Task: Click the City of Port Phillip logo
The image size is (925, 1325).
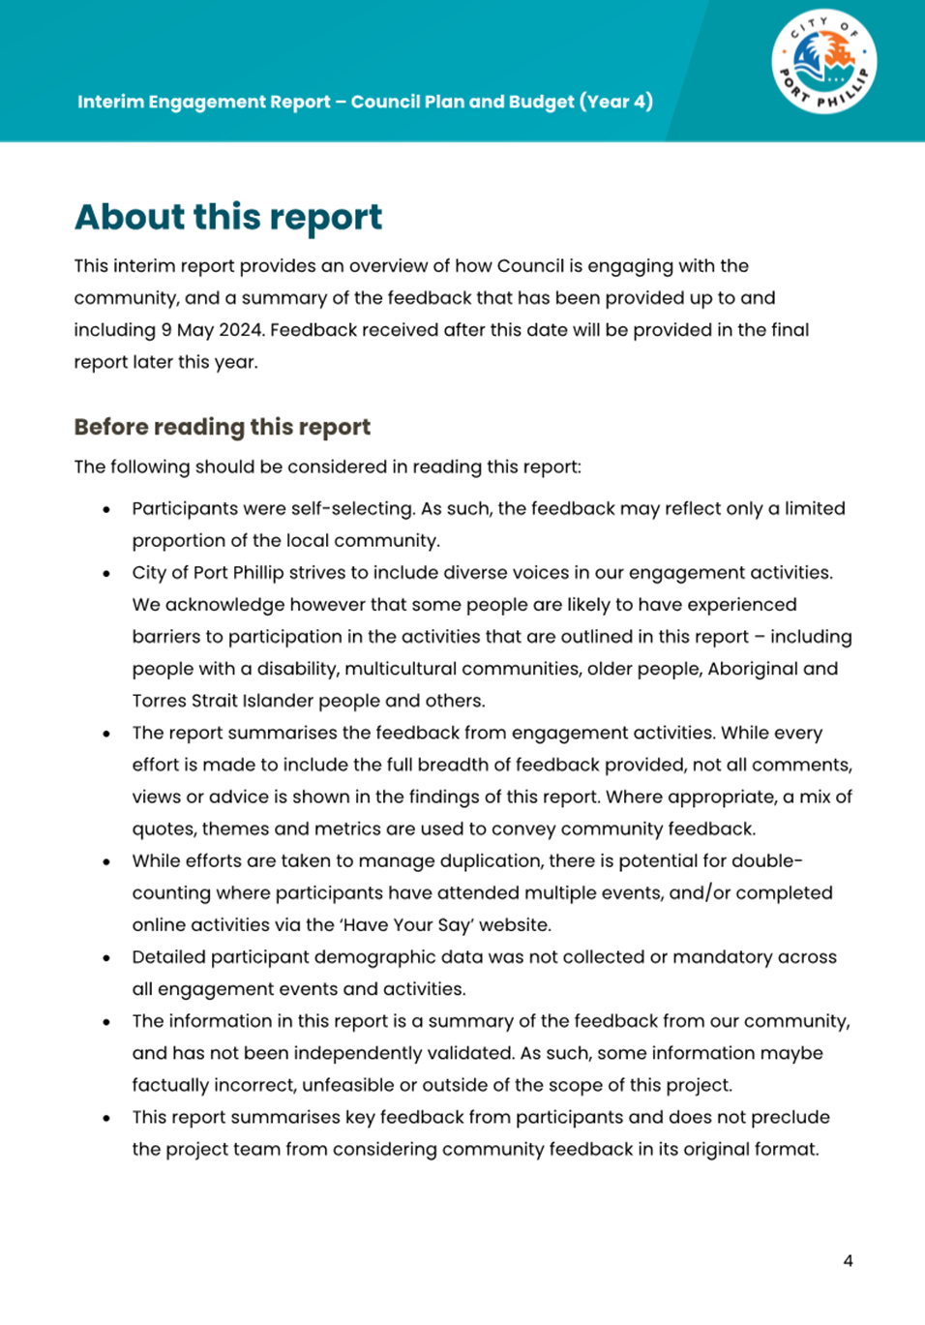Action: [x=823, y=64]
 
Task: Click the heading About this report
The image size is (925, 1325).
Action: [x=228, y=217]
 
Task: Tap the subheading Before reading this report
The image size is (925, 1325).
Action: [x=222, y=427]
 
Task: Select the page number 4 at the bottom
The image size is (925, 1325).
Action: [x=848, y=1260]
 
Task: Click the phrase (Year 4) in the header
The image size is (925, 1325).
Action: [x=616, y=102]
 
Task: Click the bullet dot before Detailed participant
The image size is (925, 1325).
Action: [x=106, y=958]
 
